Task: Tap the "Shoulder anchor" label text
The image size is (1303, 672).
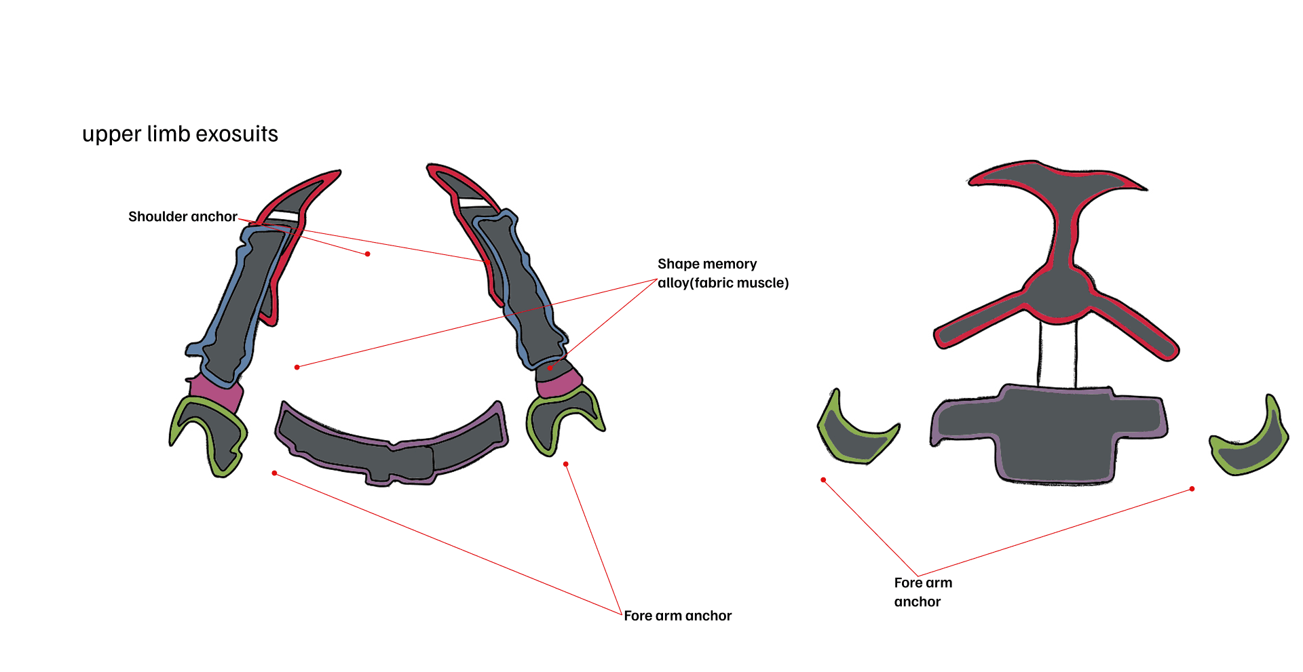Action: [x=183, y=216]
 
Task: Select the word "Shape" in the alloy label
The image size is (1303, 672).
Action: [x=679, y=264]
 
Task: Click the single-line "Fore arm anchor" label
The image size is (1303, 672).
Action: [x=677, y=616]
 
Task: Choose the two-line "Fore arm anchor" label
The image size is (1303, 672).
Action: [x=922, y=592]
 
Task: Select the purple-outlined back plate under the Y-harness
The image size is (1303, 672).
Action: [x=1052, y=434]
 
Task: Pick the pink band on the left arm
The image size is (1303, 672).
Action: [x=216, y=392]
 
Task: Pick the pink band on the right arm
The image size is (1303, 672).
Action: [x=559, y=384]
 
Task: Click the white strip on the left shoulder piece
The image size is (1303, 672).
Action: [x=281, y=216]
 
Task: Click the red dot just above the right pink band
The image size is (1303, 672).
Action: [x=550, y=368]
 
